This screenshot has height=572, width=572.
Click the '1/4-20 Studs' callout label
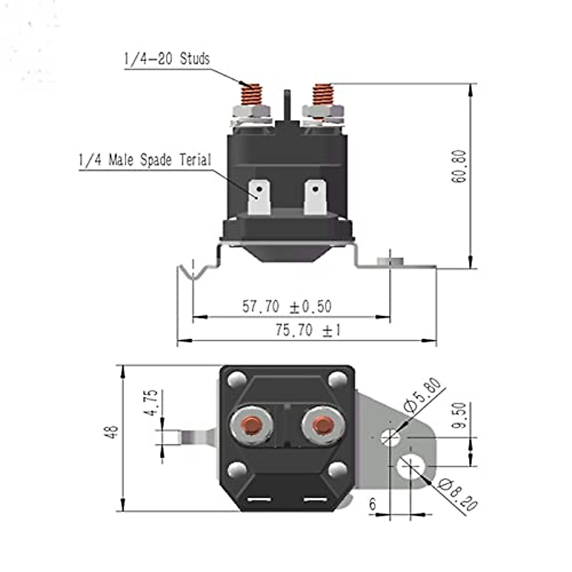(167, 59)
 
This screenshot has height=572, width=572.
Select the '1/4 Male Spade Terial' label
(144, 160)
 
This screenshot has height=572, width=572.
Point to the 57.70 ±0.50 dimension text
(286, 306)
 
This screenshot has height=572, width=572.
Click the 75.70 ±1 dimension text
(308, 330)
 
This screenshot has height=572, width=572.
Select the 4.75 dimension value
(151, 403)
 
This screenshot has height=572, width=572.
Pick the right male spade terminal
(315, 197)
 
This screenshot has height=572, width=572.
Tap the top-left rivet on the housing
(236, 380)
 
